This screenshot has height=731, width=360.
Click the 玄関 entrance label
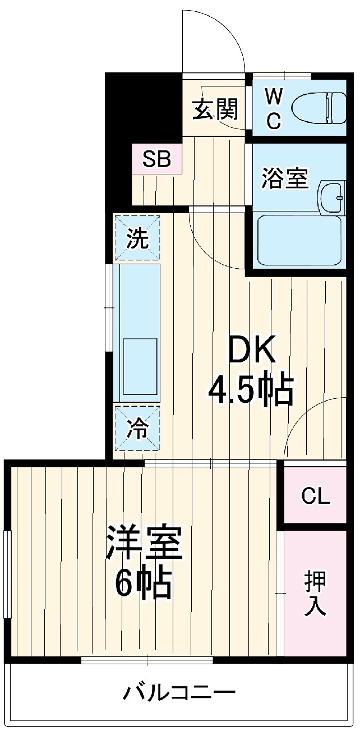click(x=215, y=109)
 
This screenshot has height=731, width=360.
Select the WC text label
click(x=273, y=110)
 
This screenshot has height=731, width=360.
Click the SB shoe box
click(x=156, y=159)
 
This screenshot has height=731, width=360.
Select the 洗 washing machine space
click(x=137, y=238)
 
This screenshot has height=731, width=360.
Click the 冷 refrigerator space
click(x=137, y=429)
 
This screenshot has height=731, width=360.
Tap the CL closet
click(x=315, y=496)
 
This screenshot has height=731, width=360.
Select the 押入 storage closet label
click(x=315, y=594)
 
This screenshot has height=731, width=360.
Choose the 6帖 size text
click(x=143, y=585)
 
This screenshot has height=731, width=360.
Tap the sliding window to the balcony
click(x=148, y=660)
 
